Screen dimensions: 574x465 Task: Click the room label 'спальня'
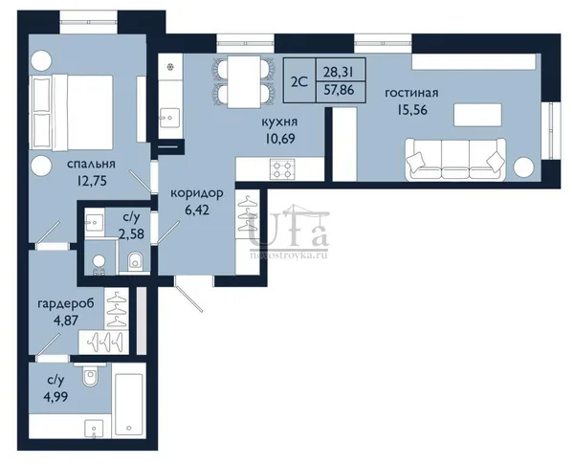click(91, 164)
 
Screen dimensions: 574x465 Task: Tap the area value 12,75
click(92, 181)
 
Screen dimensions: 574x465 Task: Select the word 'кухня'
click(279, 122)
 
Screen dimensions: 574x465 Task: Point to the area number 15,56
click(412, 110)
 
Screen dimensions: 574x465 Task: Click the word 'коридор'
click(197, 193)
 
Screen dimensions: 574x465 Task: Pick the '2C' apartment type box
click(299, 80)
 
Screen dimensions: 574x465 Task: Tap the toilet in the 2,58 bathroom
click(135, 260)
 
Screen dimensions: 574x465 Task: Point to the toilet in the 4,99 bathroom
click(90, 375)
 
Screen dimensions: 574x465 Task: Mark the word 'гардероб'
click(66, 303)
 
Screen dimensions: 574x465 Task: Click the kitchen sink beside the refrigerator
click(169, 118)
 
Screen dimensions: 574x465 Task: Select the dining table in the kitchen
click(243, 82)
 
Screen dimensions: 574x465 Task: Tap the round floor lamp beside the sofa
click(524, 167)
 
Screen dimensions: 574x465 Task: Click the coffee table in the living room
click(477, 115)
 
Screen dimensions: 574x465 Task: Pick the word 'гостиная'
click(411, 93)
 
